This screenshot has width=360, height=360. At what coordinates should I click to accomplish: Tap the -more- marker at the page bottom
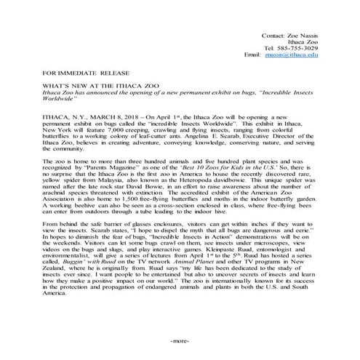pos(180,340)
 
